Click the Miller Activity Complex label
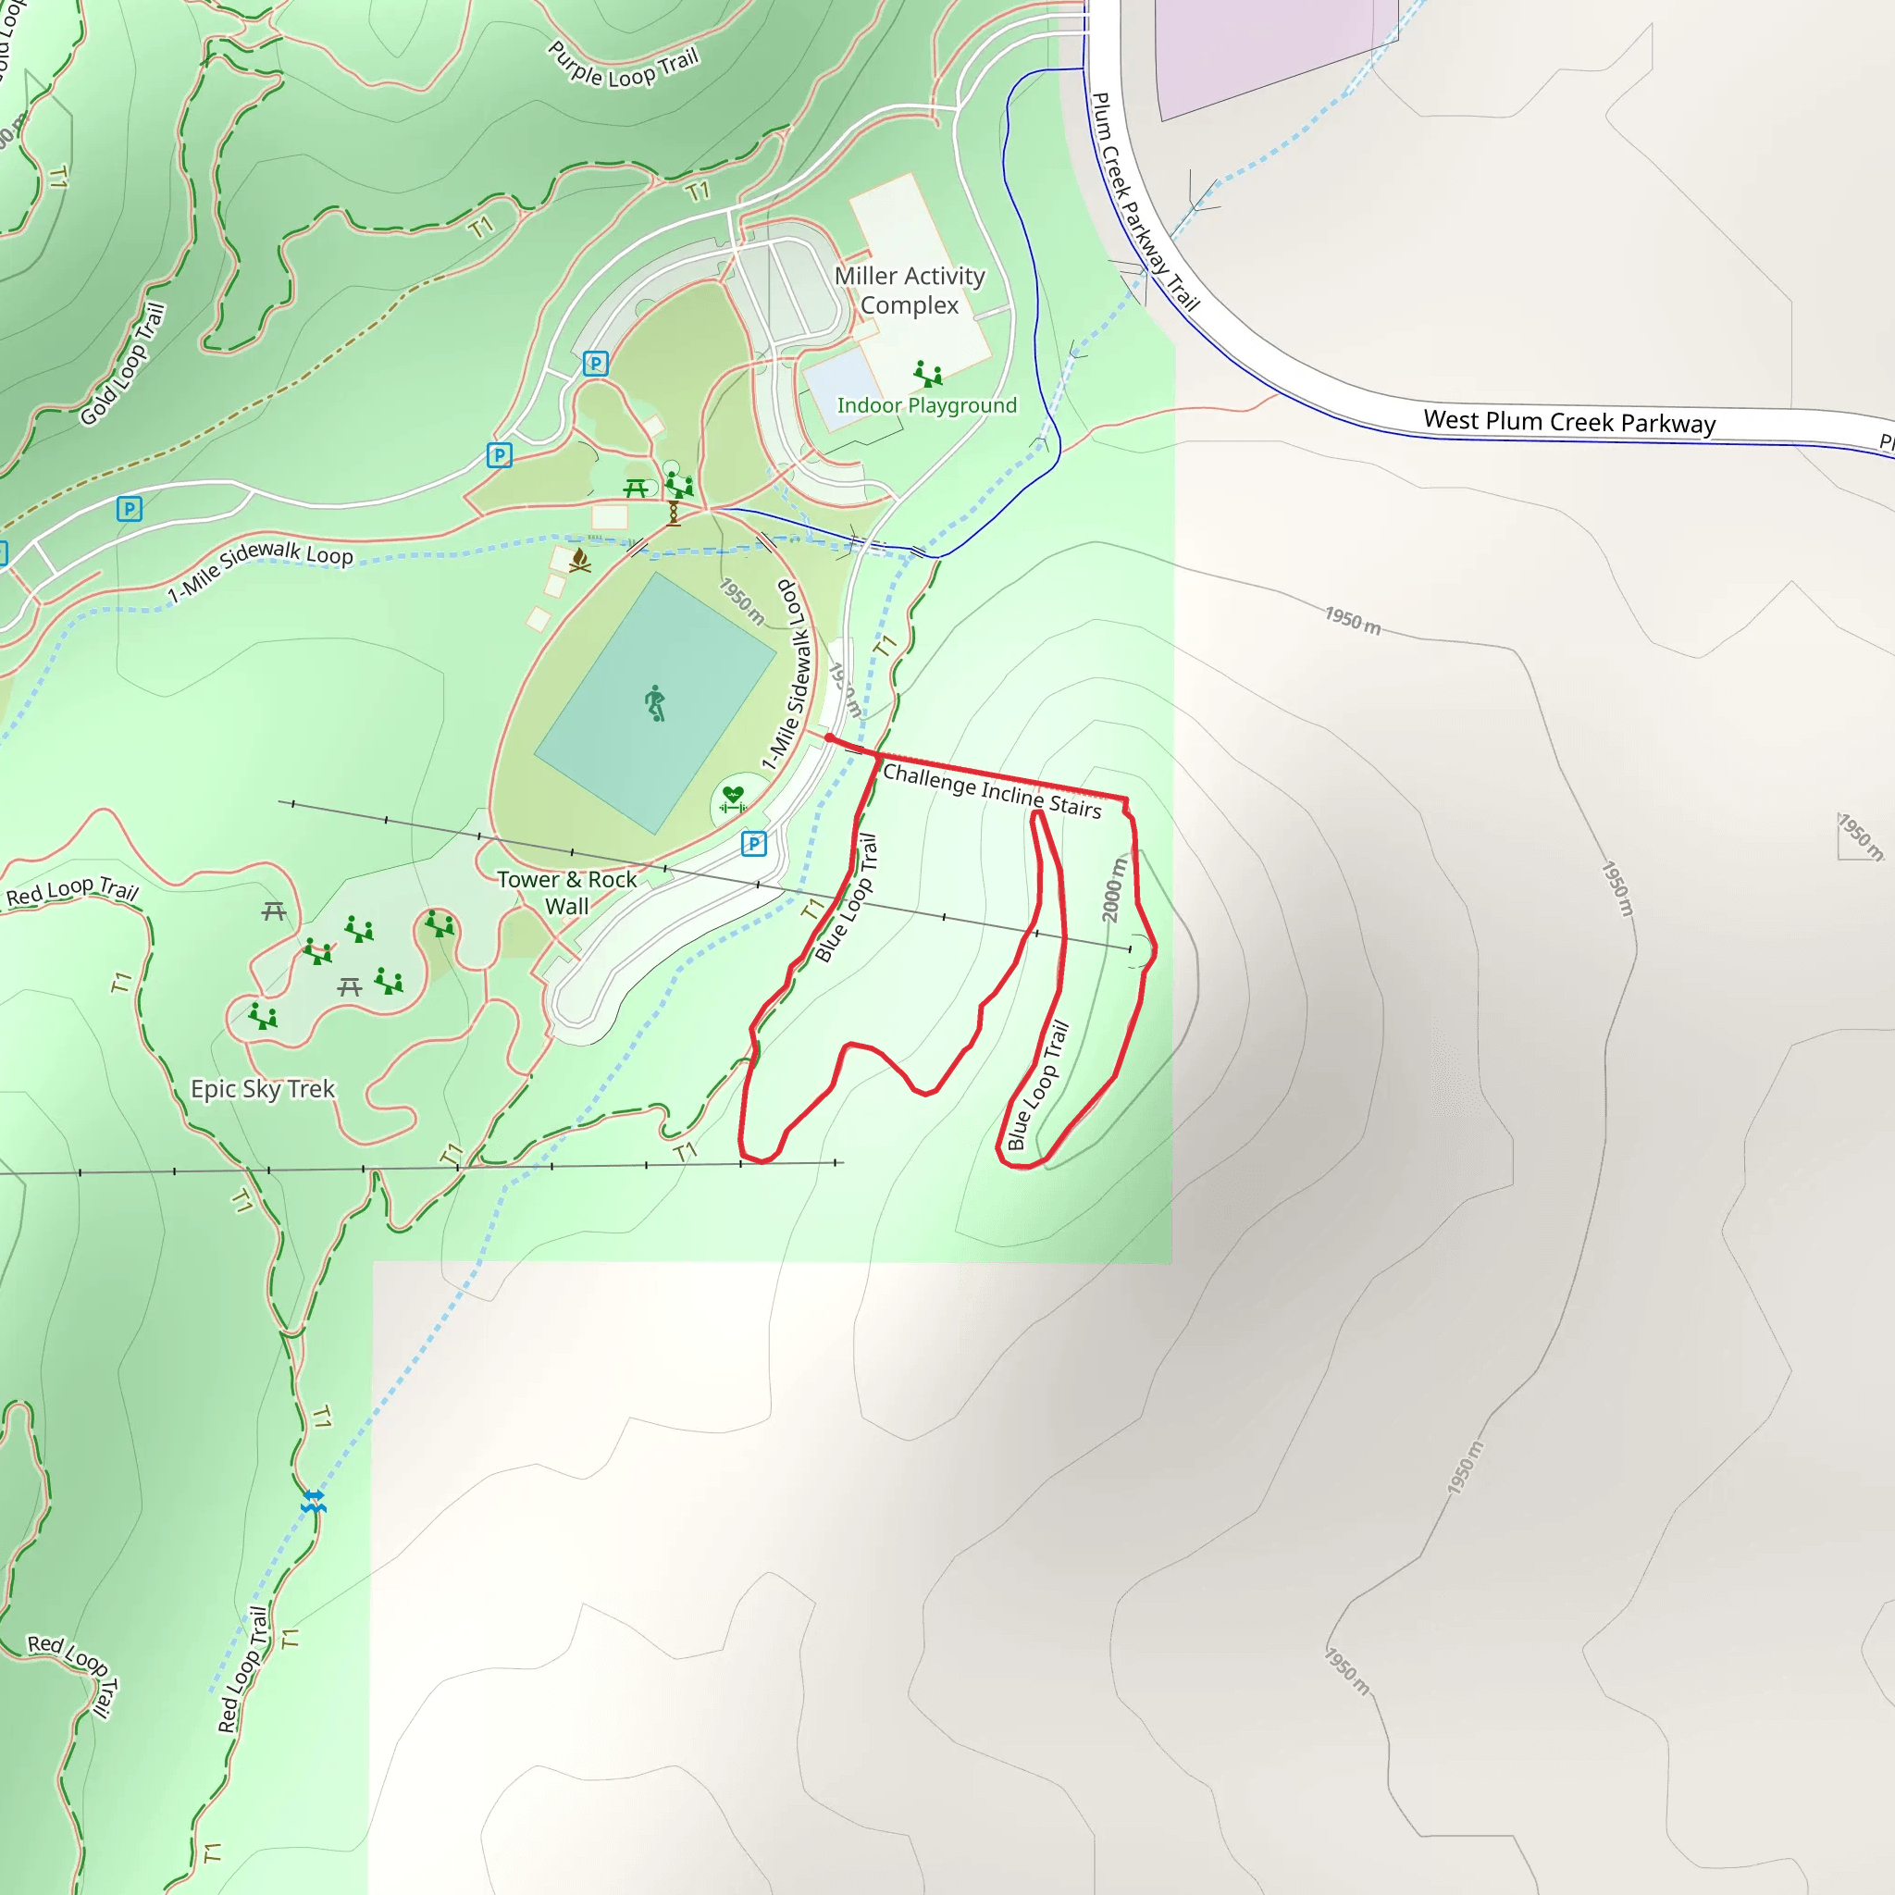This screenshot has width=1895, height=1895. click(910, 291)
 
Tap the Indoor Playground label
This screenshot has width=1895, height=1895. click(926, 405)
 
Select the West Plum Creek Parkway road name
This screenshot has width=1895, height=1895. click(1569, 422)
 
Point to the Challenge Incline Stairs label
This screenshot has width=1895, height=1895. click(992, 791)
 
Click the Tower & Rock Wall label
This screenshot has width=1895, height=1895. click(567, 893)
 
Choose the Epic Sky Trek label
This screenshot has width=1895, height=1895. click(262, 1089)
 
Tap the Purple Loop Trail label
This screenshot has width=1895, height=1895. click(623, 67)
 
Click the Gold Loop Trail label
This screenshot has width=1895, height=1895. click(123, 364)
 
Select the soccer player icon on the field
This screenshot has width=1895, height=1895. click(655, 703)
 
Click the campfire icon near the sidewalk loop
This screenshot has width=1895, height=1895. click(579, 560)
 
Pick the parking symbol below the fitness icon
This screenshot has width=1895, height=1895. click(753, 844)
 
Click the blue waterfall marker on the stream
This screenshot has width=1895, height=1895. click(313, 1501)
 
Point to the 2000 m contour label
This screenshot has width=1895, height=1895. click(1113, 888)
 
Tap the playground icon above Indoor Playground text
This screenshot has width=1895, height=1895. click(927, 373)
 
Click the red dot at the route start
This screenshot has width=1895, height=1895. click(830, 737)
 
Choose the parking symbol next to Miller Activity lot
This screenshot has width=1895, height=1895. click(595, 364)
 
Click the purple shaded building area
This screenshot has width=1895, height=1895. click(1265, 49)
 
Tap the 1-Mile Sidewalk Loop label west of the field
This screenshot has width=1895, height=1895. click(260, 569)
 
